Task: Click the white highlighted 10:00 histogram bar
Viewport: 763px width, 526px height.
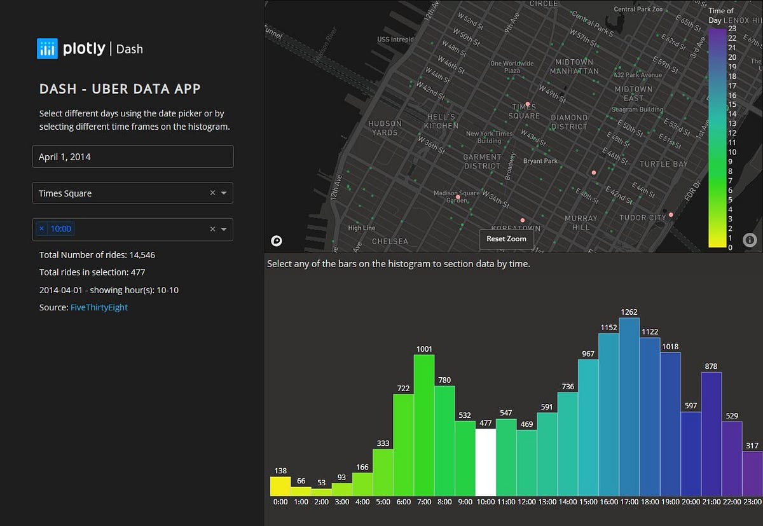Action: tap(485, 462)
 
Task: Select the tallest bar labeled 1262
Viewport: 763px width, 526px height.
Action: tap(629, 407)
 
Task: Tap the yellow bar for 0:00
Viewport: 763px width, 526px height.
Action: tap(280, 487)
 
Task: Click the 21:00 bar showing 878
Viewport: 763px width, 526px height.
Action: tap(711, 434)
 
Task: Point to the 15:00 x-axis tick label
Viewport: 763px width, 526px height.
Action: tap(588, 502)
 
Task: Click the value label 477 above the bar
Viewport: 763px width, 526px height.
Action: tap(485, 423)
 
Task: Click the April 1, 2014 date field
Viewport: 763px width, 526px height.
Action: tap(133, 157)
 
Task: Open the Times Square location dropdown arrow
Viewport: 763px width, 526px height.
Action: tap(224, 193)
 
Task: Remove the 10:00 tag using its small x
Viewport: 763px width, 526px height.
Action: tap(42, 229)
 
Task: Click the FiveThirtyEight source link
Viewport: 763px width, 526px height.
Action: tap(99, 307)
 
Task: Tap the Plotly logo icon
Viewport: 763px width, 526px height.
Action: tap(47, 48)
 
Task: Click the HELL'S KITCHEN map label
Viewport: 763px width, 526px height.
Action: tap(441, 121)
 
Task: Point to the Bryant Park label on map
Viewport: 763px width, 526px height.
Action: tap(540, 161)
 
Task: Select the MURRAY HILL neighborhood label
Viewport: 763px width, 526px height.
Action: tap(581, 223)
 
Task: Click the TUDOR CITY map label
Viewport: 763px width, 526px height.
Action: tap(643, 218)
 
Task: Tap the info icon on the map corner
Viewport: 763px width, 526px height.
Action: tap(750, 240)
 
